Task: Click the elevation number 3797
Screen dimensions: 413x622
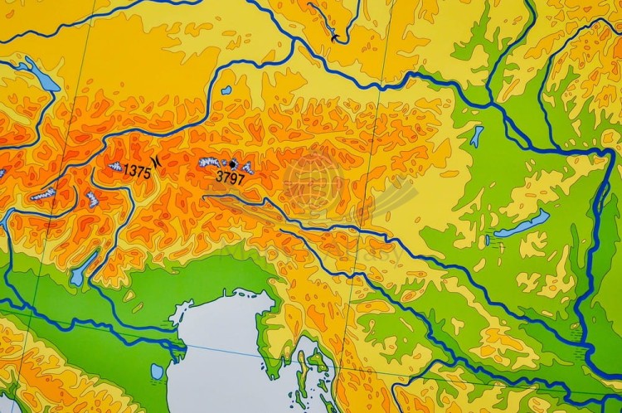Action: [x=230, y=177]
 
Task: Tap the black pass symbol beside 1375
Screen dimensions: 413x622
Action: [x=157, y=163]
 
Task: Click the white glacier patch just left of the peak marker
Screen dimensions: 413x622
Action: [x=211, y=163]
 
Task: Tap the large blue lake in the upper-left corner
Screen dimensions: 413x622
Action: [x=41, y=76]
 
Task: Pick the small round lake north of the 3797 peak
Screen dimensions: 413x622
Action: [x=226, y=90]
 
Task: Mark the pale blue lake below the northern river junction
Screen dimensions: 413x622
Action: [x=477, y=135]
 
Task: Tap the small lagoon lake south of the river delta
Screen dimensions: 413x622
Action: [x=158, y=371]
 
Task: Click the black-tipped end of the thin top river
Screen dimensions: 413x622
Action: [x=334, y=37]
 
